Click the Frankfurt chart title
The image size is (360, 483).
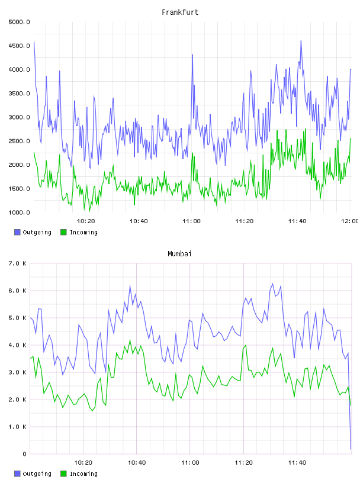point(180,12)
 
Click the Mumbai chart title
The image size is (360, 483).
point(179,254)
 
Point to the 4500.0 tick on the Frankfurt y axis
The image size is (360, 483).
point(19,46)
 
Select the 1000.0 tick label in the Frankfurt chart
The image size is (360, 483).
point(19,212)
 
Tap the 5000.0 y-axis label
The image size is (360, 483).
point(19,22)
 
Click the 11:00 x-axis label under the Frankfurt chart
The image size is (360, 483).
point(191,221)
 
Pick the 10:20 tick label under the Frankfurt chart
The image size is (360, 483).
point(86,221)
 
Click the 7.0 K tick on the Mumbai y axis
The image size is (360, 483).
point(18,263)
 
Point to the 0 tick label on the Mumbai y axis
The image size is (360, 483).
point(24,454)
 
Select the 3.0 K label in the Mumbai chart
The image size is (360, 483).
point(18,372)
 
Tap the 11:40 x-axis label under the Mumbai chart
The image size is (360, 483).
point(297,463)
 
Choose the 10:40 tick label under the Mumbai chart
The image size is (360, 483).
point(137,463)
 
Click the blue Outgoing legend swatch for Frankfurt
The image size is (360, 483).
point(17,232)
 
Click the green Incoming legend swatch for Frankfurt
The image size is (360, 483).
point(63,232)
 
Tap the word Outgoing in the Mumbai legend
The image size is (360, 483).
point(37,474)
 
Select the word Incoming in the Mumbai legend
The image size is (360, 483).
point(83,474)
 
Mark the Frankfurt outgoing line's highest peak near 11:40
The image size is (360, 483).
point(301,41)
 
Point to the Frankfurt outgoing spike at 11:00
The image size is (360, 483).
point(192,54)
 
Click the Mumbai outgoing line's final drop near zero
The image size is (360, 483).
point(351,449)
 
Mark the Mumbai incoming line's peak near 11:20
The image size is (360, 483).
point(246,345)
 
